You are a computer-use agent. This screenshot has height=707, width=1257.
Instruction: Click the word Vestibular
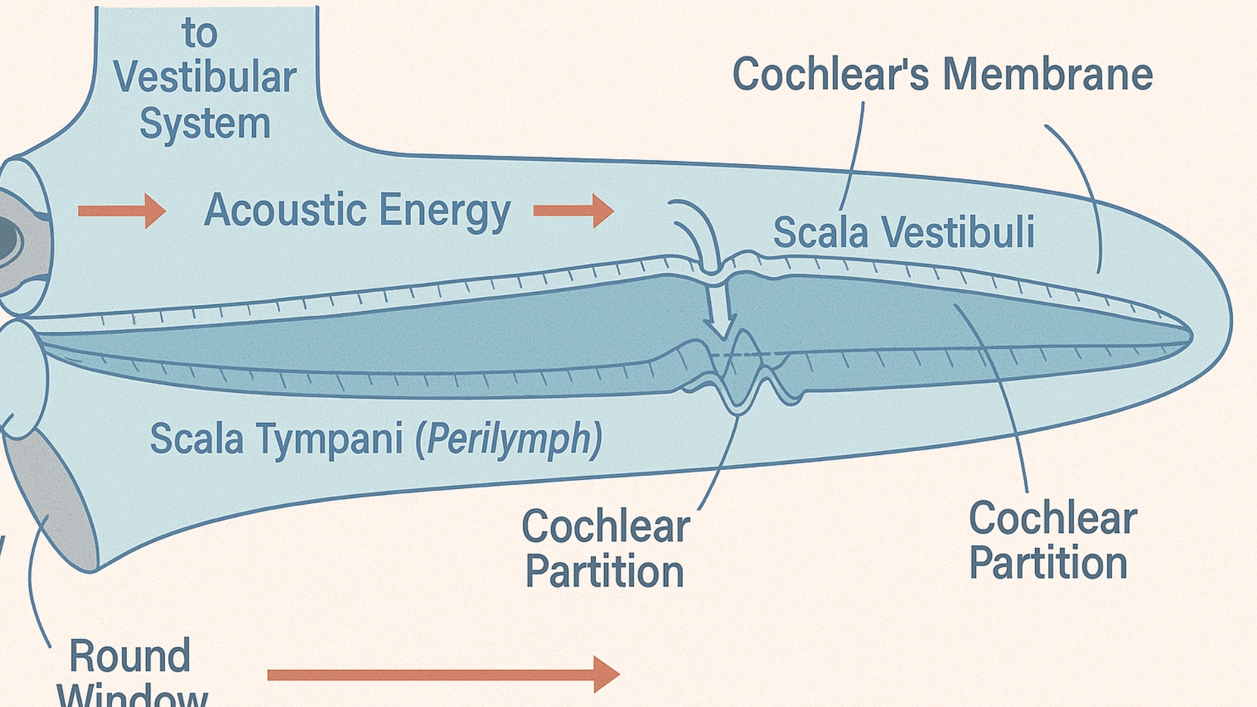pyautogui.click(x=205, y=77)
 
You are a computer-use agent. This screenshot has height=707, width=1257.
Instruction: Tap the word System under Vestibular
pyautogui.click(x=205, y=124)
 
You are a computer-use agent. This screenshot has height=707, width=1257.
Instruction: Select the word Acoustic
pyautogui.click(x=285, y=210)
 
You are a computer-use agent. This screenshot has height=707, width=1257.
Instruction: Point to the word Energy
pyautogui.click(x=445, y=211)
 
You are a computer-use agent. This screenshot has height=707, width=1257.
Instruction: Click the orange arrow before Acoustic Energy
pyautogui.click(x=122, y=210)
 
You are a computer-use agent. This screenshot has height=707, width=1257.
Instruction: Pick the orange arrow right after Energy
pyautogui.click(x=574, y=210)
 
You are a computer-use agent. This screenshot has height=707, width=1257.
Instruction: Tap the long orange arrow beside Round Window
pyautogui.click(x=443, y=674)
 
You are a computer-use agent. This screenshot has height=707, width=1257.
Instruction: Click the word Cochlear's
pyautogui.click(x=830, y=73)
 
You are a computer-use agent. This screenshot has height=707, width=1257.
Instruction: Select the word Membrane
pyautogui.click(x=1047, y=73)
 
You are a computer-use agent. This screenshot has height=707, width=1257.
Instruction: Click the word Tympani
pyautogui.click(x=329, y=439)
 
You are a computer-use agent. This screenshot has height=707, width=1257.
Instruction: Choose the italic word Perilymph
pyautogui.click(x=509, y=439)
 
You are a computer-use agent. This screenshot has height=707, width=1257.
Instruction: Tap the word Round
pyautogui.click(x=130, y=656)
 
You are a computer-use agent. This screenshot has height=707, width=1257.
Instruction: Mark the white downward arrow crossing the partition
pyautogui.click(x=720, y=308)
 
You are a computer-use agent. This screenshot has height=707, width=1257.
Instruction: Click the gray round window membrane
pyautogui.click(x=52, y=498)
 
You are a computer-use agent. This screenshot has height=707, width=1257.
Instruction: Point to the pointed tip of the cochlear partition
pyautogui.click(x=1189, y=336)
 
